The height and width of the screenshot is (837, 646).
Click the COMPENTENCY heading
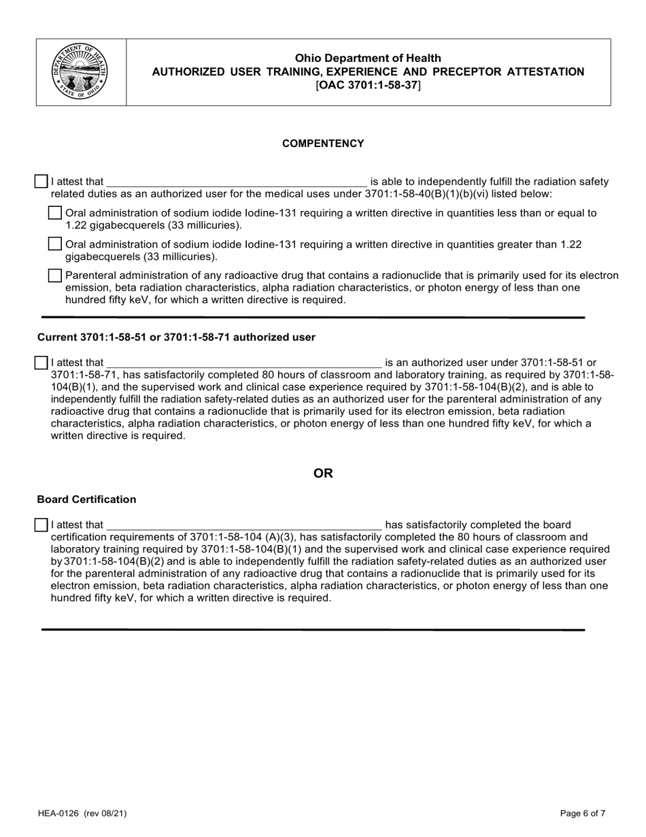click(x=323, y=144)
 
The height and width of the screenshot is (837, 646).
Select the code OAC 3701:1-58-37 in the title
click(x=368, y=85)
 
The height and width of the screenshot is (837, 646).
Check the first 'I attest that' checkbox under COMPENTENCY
click(x=41, y=182)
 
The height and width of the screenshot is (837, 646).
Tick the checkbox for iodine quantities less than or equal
click(x=55, y=213)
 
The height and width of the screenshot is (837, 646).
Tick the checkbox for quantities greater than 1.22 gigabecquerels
click(x=55, y=244)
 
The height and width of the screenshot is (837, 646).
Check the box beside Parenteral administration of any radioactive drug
click(x=55, y=276)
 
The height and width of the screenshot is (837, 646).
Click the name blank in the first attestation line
click(x=237, y=182)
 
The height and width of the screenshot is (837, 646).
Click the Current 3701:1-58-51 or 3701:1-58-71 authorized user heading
click(x=176, y=338)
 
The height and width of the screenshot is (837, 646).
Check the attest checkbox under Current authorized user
click(x=41, y=363)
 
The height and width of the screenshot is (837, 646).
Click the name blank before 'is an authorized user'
click(x=245, y=363)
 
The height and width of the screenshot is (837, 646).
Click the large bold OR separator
click(x=323, y=473)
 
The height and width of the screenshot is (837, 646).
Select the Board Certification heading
click(x=86, y=499)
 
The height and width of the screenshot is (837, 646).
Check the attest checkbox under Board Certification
click(x=41, y=525)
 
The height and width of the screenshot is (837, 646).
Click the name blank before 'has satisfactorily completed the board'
click(x=245, y=525)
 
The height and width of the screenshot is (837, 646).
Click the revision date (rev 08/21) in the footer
click(x=105, y=813)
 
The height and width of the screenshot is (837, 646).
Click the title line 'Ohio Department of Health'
click(x=368, y=59)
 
